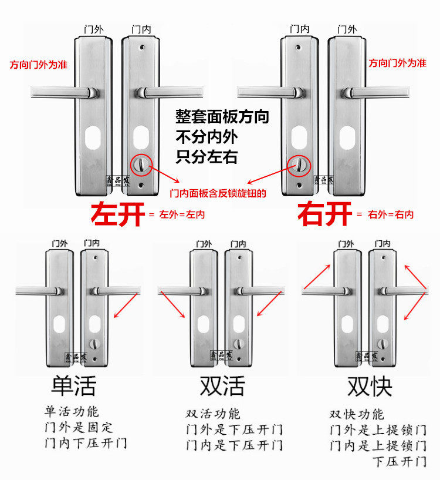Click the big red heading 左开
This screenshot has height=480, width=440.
(x=117, y=214)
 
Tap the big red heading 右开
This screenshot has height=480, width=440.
(x=324, y=214)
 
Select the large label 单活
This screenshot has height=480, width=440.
(x=73, y=385)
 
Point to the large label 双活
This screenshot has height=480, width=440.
(x=222, y=385)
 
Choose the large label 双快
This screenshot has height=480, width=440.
(x=370, y=385)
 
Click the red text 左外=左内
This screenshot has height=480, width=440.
(x=182, y=215)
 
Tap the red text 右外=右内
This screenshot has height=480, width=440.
(x=390, y=215)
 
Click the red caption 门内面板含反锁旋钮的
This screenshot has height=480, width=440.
(x=218, y=193)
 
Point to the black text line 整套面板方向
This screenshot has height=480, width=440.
(x=222, y=117)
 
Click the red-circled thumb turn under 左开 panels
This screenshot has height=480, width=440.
(x=141, y=165)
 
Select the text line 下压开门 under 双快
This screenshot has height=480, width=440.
(x=400, y=461)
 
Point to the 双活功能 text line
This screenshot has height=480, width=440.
(x=213, y=414)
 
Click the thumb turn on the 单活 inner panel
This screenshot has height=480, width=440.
(x=92, y=344)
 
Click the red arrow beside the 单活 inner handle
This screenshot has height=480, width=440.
(x=127, y=307)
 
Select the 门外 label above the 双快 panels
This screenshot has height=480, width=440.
(x=346, y=243)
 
